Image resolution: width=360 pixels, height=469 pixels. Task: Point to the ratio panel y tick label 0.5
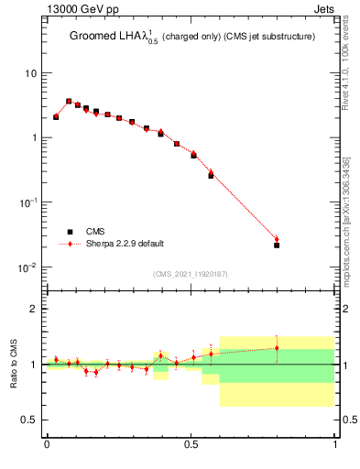tap(33, 420)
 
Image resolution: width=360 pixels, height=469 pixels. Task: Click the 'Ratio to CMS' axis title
tap(14, 364)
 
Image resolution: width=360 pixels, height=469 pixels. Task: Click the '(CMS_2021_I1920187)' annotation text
tap(191, 274)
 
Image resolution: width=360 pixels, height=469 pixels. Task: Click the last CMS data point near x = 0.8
tap(277, 245)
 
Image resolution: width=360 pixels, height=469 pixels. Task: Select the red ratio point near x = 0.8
tap(277, 347)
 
